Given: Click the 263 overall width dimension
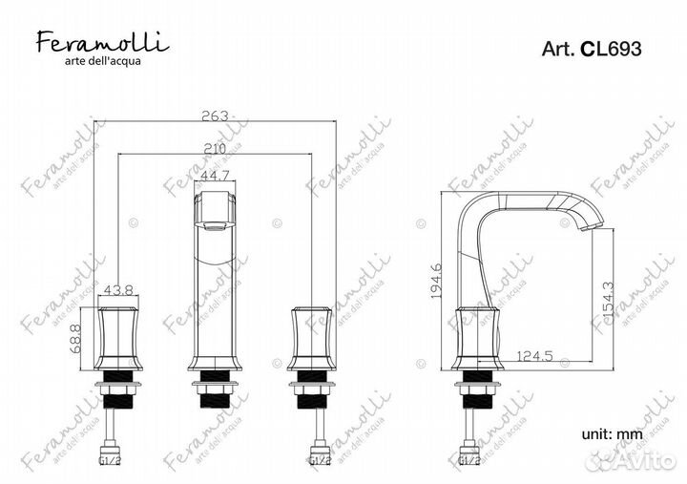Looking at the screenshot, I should click(x=217, y=116).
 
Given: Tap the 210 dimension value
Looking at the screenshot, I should click(x=217, y=148).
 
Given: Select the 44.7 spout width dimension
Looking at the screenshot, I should click(x=217, y=175).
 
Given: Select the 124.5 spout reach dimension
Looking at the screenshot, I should click(x=535, y=356).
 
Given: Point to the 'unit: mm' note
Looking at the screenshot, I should click(x=611, y=434).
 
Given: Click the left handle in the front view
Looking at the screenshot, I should click(x=119, y=339).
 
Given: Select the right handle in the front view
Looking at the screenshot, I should click(x=313, y=339).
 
